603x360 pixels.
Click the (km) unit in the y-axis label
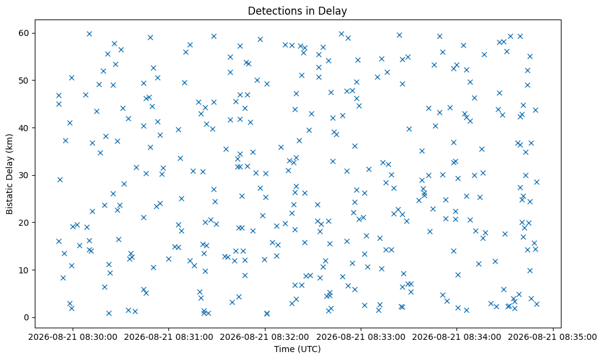(x=10, y=143)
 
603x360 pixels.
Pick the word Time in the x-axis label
(x=283, y=349)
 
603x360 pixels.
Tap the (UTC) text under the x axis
(x=308, y=349)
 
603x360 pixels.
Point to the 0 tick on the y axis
(x=27, y=318)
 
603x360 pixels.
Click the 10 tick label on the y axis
(x=24, y=270)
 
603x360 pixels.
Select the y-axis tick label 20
(x=24, y=223)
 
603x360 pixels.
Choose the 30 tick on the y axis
(x=24, y=175)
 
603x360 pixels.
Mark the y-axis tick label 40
(x=24, y=128)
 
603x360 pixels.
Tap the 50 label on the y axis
(x=24, y=81)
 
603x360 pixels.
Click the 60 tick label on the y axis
(x=24, y=33)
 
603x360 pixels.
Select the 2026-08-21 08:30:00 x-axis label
(x=73, y=337)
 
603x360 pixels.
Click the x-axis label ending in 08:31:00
(x=169, y=337)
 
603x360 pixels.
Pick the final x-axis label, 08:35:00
(x=553, y=337)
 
